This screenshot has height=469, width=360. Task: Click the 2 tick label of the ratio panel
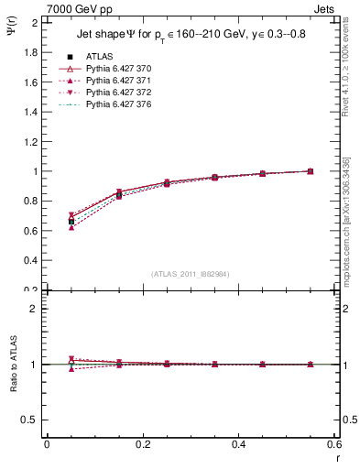point(35,309)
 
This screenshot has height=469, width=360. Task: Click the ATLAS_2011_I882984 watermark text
point(191,274)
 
